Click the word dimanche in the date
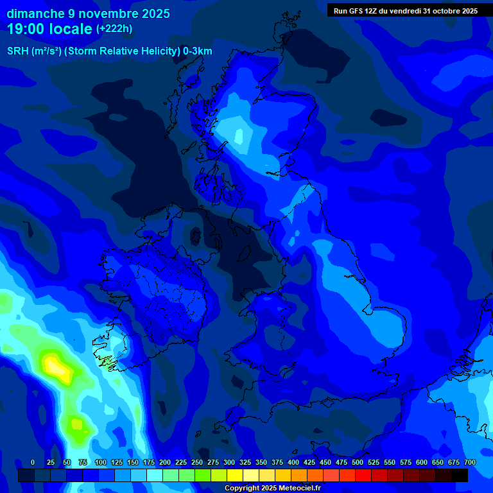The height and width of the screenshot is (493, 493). point(35,13)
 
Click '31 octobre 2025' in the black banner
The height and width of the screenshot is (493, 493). point(450,11)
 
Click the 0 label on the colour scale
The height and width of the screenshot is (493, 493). point(33,462)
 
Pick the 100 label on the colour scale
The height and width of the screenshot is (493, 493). point(101,462)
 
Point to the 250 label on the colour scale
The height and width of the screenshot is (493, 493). point(197,462)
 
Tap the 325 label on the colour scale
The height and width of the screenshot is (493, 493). point(245,462)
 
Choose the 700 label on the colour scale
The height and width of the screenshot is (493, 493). point(470,462)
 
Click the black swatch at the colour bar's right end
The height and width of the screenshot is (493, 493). point(460,475)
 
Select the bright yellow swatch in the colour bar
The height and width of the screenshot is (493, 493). point(235,475)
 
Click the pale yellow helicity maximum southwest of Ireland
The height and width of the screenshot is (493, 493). point(56,368)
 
